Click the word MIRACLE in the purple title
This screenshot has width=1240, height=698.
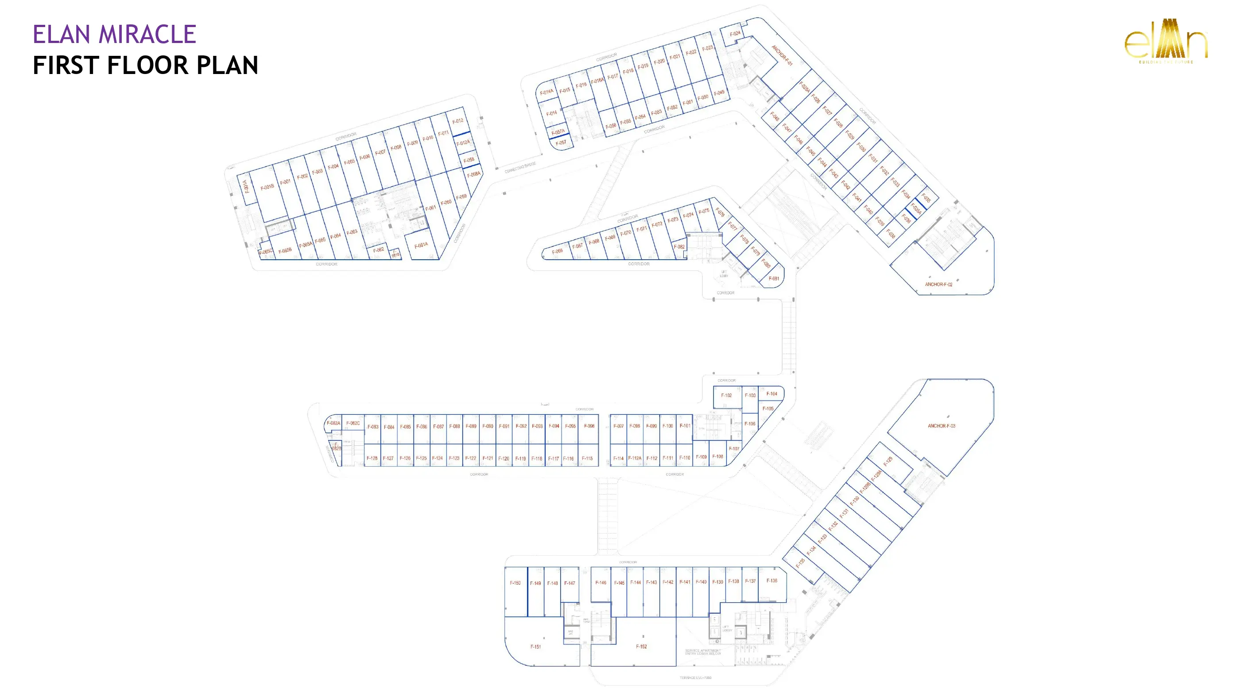tap(147, 34)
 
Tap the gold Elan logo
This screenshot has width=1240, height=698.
tap(1166, 41)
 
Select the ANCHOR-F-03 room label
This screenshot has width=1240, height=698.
tap(941, 426)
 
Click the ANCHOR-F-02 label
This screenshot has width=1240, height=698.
tap(938, 284)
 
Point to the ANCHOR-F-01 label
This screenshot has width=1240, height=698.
tap(782, 55)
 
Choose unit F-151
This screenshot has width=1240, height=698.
tap(535, 647)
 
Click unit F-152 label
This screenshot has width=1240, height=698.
tap(641, 647)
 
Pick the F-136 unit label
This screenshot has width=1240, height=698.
tap(771, 581)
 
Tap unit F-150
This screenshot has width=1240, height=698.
tap(515, 583)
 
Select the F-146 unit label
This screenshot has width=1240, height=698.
tap(601, 582)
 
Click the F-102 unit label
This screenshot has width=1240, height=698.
tap(726, 395)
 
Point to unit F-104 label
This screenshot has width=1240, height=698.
tap(771, 394)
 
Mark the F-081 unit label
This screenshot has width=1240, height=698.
tap(774, 278)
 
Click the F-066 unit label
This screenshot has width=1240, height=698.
tap(557, 251)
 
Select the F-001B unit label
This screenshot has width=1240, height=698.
tap(267, 187)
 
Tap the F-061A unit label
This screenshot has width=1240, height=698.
tap(421, 245)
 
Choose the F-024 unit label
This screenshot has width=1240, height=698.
tap(735, 34)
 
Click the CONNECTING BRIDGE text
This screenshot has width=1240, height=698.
tap(520, 168)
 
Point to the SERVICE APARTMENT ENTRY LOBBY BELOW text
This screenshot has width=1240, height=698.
tap(703, 652)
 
